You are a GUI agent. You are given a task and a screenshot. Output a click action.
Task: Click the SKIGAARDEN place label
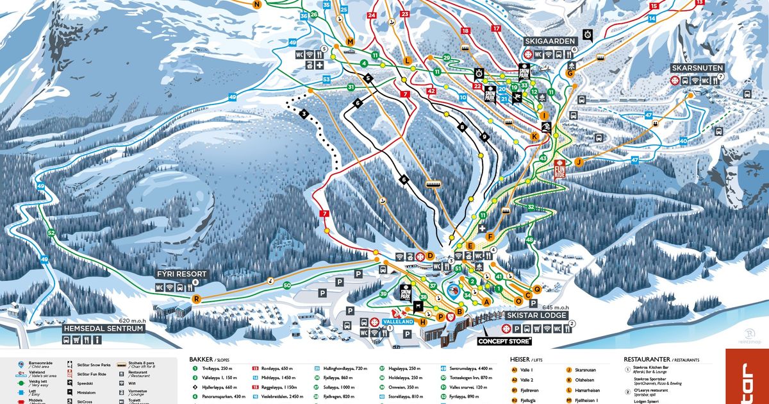click(550, 41)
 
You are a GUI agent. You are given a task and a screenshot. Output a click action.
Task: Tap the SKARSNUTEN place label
click(697, 67)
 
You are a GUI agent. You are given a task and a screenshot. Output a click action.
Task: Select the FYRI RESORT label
click(182, 274)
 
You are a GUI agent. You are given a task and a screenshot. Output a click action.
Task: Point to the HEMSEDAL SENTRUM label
click(104, 328)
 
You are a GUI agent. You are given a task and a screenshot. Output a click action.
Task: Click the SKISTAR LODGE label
click(536, 316)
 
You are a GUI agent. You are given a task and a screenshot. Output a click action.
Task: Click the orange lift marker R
click(197, 299)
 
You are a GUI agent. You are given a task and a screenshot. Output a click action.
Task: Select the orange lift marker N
click(257, 4)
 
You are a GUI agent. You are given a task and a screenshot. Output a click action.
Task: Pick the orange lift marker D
click(430, 257)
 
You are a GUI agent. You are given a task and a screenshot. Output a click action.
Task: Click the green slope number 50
click(287, 285)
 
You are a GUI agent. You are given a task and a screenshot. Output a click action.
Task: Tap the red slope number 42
click(431, 91)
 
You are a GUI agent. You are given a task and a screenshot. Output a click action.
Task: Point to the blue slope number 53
click(326, 80)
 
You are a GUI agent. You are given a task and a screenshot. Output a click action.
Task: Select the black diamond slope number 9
click(484, 137)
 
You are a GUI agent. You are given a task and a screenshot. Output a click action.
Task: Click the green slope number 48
click(529, 240)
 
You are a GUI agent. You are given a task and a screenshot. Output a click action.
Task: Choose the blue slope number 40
click(683, 141)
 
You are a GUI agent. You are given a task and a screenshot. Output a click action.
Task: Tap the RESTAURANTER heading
click(648, 360)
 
